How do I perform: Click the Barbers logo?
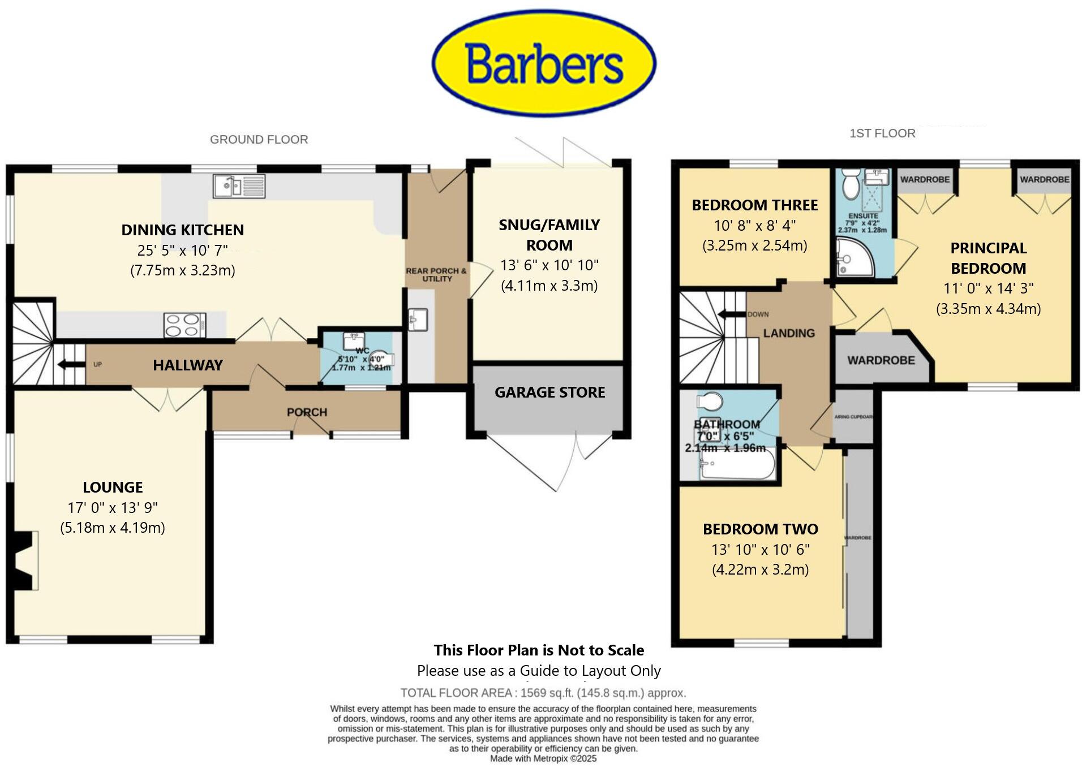coord(544,63)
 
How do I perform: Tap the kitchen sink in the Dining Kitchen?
coord(239,185)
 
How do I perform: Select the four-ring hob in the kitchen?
coord(184,325)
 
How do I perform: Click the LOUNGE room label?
coord(113,487)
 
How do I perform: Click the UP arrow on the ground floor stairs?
coord(71,364)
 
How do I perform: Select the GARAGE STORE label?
coord(549,392)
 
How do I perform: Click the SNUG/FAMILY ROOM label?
coord(549,235)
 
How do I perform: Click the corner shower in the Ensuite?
coord(855,258)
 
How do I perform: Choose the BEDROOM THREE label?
coord(754,205)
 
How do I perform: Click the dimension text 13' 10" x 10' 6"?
coord(760,549)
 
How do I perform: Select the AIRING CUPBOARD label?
coord(853,417)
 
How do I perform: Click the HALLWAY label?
coord(187,365)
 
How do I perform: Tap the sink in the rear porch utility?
coord(418,320)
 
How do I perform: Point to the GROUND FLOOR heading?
coord(259,139)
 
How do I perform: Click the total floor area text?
coord(543,693)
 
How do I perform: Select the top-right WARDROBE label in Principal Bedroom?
coord(1044,179)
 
